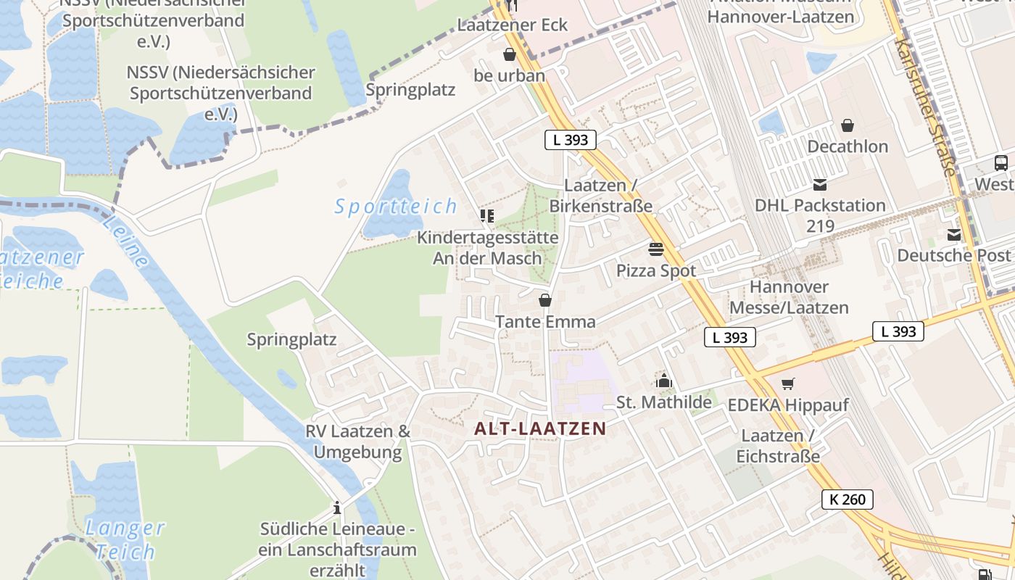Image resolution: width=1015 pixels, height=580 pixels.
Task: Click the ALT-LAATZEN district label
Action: click(539, 428)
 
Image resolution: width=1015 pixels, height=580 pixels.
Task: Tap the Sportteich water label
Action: click(396, 207)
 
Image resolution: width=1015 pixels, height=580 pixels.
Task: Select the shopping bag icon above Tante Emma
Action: click(545, 300)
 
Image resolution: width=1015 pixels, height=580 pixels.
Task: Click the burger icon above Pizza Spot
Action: click(656, 249)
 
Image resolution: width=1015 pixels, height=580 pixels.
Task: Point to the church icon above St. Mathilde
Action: click(663, 381)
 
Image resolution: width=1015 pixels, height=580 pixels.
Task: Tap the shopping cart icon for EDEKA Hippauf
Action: click(788, 384)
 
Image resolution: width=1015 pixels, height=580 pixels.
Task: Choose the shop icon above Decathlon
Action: click(847, 125)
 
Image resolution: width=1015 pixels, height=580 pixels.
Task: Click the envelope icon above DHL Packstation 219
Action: click(820, 185)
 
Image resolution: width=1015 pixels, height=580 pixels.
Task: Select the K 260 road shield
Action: click(848, 500)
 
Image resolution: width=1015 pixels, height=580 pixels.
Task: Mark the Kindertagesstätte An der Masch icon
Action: click(486, 216)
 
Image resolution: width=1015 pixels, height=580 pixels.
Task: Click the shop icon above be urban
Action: click(509, 54)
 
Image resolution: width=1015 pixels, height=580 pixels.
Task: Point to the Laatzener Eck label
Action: click(512, 25)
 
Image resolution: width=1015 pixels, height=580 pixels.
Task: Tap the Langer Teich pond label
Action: click(125, 539)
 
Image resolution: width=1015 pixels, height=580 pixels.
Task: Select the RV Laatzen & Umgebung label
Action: click(357, 442)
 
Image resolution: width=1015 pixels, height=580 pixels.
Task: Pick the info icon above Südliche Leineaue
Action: click(336, 507)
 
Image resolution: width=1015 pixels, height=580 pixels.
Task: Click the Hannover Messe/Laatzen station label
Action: click(789, 297)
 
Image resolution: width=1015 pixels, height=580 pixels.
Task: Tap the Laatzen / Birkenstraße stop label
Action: click(600, 196)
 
